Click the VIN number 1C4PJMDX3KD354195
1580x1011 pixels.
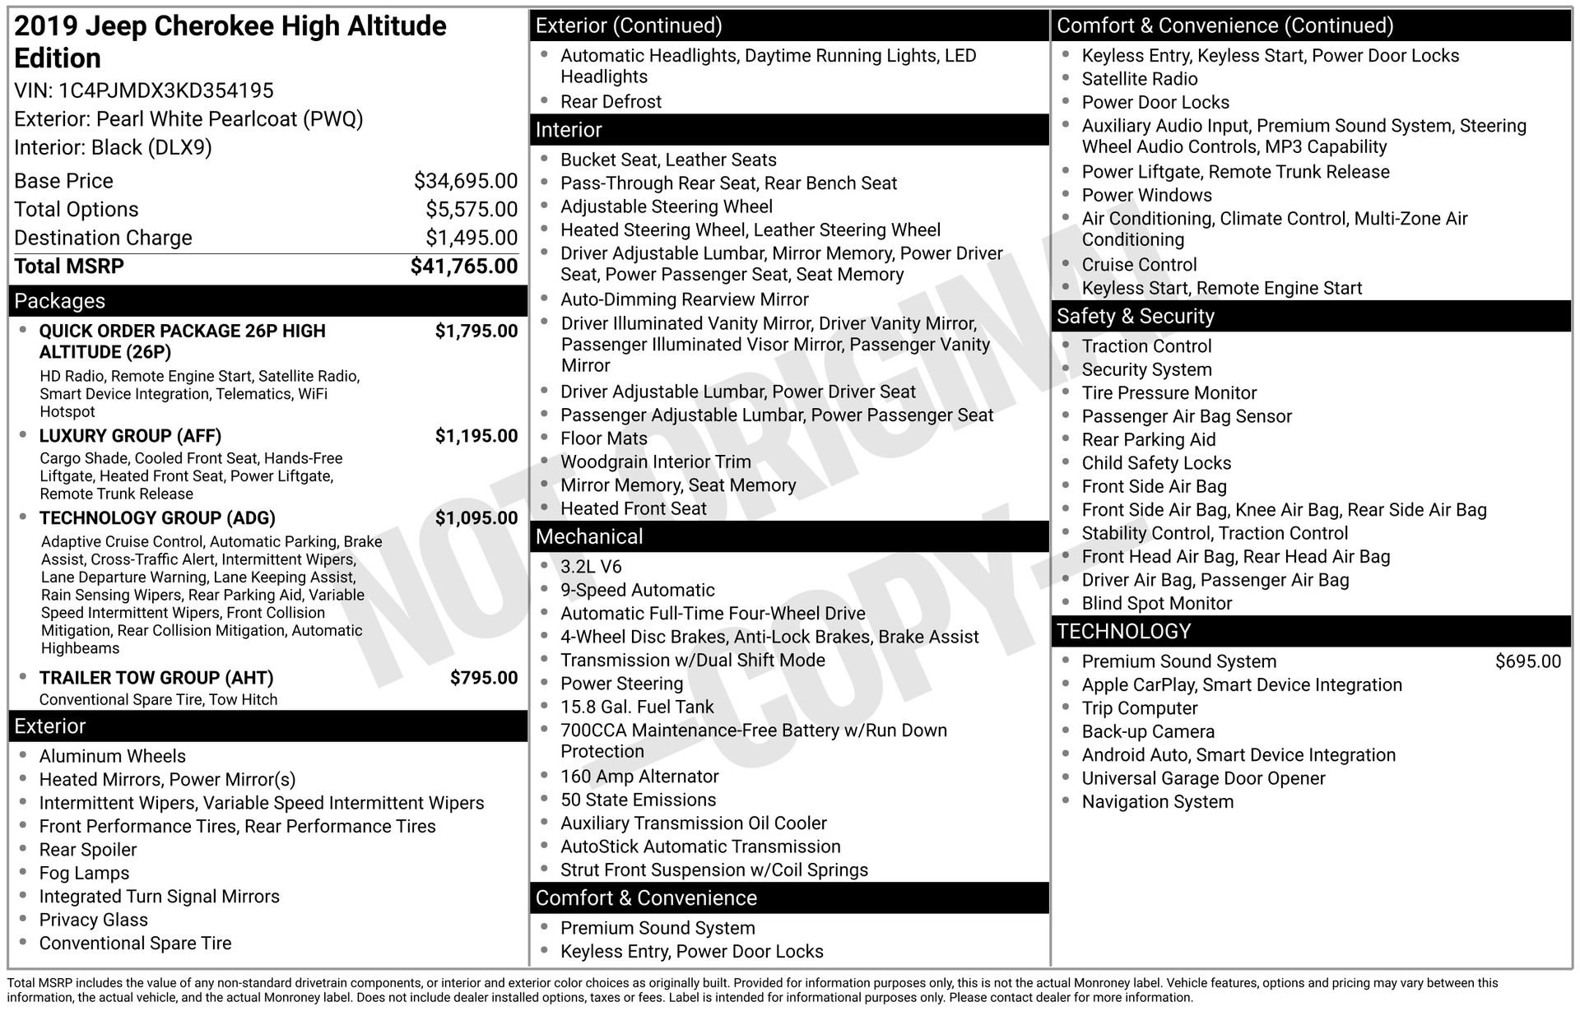tap(166, 90)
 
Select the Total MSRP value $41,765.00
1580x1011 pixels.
tap(464, 267)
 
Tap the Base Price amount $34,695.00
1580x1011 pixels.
tap(466, 181)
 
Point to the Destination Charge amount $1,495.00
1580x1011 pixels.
tap(472, 238)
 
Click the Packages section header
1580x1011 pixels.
tap(60, 301)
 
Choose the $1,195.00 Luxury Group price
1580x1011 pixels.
tap(476, 436)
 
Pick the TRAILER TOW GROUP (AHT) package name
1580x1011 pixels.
tap(156, 678)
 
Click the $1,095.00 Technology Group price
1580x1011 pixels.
tap(476, 518)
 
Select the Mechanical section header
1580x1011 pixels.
tap(589, 537)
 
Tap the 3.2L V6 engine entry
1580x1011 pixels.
tap(591, 567)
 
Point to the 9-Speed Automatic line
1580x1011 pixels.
tap(637, 590)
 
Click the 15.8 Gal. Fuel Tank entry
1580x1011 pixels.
tap(637, 707)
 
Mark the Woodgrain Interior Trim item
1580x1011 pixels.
tap(655, 462)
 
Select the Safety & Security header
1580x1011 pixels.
tap(1135, 317)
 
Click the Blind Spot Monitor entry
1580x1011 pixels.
tap(1156, 603)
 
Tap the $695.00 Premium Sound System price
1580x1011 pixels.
tap(1527, 661)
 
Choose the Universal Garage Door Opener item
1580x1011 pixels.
tap(1203, 778)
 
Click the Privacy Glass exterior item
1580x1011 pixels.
tap(93, 920)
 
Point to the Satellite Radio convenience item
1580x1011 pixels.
tap(1139, 79)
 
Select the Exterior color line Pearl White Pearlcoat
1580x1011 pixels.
tap(188, 119)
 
